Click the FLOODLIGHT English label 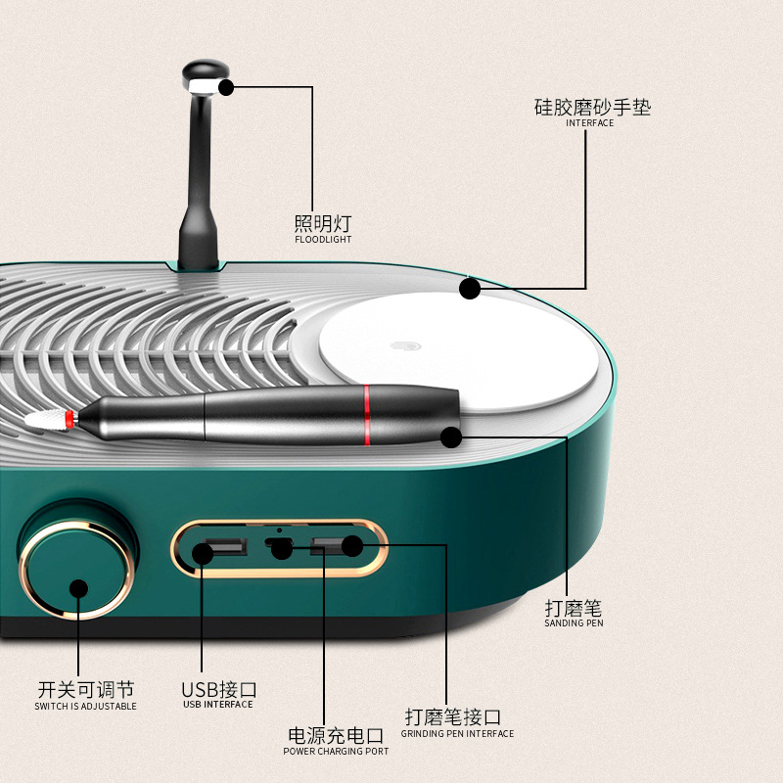point(323,239)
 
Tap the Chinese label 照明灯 point(323,222)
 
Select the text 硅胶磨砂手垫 point(592,107)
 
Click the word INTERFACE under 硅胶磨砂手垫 point(590,123)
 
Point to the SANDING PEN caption point(575,623)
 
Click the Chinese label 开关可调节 point(85,689)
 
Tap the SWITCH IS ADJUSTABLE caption point(85,706)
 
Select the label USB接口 point(218,689)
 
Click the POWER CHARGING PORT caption point(336,752)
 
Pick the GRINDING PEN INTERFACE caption point(457,733)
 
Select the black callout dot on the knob point(79,588)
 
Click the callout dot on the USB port point(203,553)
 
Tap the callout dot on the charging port point(282,550)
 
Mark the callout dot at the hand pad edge point(470,289)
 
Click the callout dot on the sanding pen point(450,438)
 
